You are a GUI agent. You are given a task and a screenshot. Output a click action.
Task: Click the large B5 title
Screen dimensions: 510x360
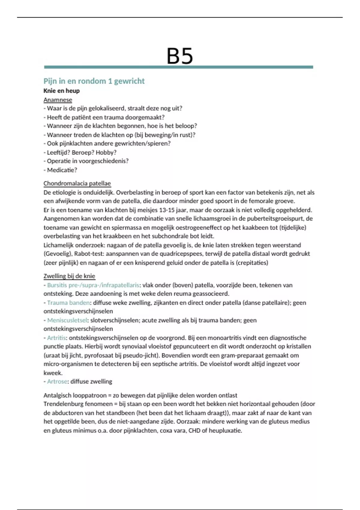pyautogui.click(x=179, y=56)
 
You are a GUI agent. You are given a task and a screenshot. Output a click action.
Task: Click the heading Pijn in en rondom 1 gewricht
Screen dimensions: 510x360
pyautogui.click(x=94, y=81)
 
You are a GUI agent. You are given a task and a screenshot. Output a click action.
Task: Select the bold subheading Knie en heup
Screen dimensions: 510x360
pyautogui.click(x=61, y=91)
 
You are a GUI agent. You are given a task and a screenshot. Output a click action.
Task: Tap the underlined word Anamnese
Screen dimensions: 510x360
pyautogui.click(x=58, y=100)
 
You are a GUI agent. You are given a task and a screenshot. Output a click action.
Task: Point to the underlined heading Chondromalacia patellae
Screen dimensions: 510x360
pyautogui.click(x=77, y=183)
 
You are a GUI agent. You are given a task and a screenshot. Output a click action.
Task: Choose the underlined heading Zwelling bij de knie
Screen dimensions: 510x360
pyautogui.click(x=69, y=276)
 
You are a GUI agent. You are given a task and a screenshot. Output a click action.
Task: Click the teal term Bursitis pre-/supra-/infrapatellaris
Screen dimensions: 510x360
pyautogui.click(x=93, y=285)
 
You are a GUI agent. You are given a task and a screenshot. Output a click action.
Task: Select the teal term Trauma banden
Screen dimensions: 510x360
pyautogui.click(x=68, y=303)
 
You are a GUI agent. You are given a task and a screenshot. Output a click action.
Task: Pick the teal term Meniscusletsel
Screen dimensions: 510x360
pyautogui.click(x=67, y=320)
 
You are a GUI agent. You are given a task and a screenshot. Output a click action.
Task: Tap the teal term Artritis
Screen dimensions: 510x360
pyautogui.click(x=56, y=338)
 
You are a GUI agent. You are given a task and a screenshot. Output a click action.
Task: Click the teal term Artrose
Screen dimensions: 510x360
pyautogui.click(x=57, y=382)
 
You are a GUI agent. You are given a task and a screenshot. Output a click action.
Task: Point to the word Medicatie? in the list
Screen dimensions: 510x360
pyautogui.click(x=62, y=170)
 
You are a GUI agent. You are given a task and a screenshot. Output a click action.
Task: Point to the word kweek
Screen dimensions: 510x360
pyautogui.click(x=53, y=373)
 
